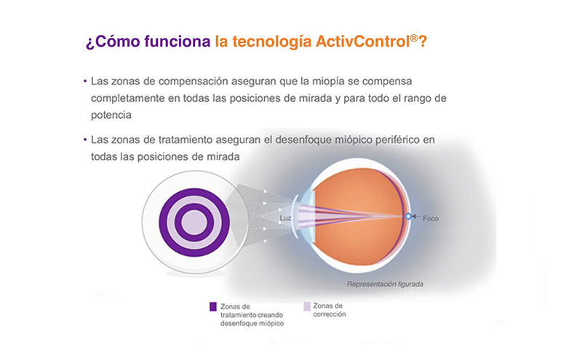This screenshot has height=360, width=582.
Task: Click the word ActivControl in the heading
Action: click(x=362, y=41)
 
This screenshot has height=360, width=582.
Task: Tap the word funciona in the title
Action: click(x=178, y=41)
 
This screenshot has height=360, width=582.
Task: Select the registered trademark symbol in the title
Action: click(x=414, y=38)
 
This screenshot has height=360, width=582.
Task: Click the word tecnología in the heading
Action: click(x=271, y=42)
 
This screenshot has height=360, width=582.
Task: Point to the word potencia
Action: click(x=111, y=115)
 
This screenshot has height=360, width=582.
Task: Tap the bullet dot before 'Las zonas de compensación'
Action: click(x=85, y=81)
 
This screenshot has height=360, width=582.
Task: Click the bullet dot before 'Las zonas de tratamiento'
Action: click(x=85, y=140)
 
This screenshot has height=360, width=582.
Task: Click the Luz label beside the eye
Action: click(x=285, y=218)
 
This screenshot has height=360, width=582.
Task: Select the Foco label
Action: click(x=431, y=219)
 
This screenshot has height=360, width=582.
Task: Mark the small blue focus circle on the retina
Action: click(x=408, y=217)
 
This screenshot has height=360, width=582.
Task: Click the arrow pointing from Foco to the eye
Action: click(x=415, y=217)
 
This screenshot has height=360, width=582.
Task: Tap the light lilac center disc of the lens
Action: click(x=194, y=223)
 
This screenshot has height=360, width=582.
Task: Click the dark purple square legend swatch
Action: click(x=212, y=307)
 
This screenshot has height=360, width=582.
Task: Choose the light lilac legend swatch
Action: click(x=307, y=306)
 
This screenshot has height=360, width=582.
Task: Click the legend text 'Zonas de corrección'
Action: click(x=330, y=310)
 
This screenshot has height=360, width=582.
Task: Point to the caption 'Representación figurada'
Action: click(x=385, y=284)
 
